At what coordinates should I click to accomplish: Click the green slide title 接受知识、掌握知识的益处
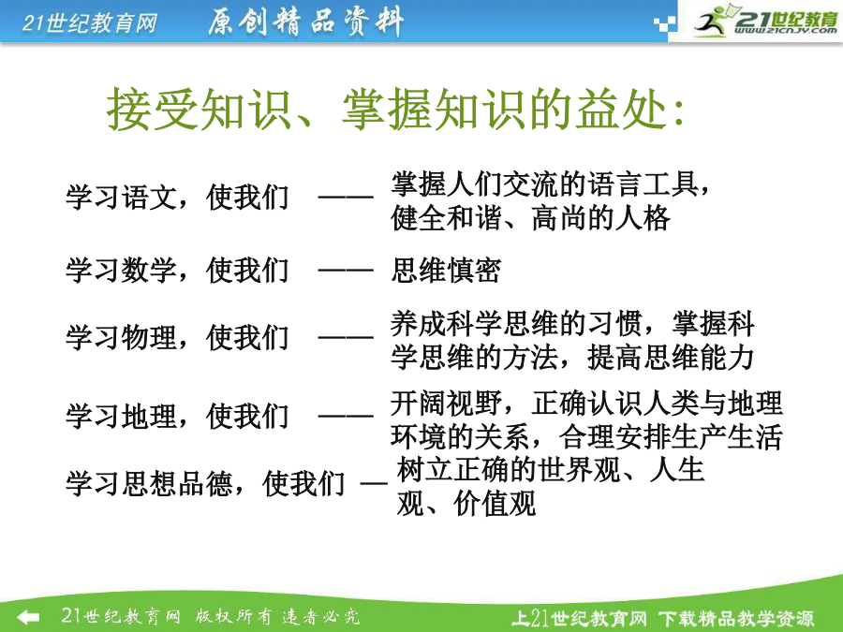click(396, 110)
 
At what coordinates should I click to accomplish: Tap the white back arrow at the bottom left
click(27, 616)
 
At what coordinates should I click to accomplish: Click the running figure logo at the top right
click(710, 21)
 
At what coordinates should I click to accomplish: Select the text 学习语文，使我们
click(177, 198)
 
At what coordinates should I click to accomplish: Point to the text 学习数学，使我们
click(177, 270)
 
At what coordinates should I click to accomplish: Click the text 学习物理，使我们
click(177, 337)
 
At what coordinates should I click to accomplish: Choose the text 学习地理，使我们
click(177, 416)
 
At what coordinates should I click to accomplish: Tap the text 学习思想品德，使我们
click(205, 483)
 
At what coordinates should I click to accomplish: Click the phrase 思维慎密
click(446, 270)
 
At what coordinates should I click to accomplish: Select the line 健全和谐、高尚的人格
click(531, 218)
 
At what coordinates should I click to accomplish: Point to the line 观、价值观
click(466, 504)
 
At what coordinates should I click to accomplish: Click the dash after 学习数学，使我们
click(346, 270)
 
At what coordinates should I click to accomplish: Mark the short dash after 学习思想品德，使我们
click(374, 483)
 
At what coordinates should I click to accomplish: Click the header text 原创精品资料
click(305, 22)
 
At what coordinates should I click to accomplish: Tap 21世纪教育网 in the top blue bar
click(90, 23)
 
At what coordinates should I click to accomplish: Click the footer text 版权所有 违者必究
click(277, 616)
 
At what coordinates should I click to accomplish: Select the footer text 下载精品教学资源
click(736, 619)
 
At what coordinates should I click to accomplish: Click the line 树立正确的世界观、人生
click(551, 469)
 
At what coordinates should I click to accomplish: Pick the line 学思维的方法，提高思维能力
click(572, 357)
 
